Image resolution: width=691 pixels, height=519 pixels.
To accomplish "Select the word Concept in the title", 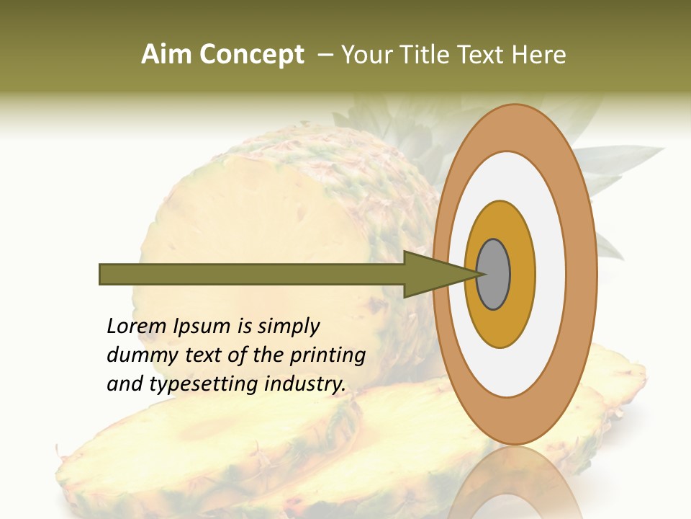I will pyautogui.click(x=251, y=56).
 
